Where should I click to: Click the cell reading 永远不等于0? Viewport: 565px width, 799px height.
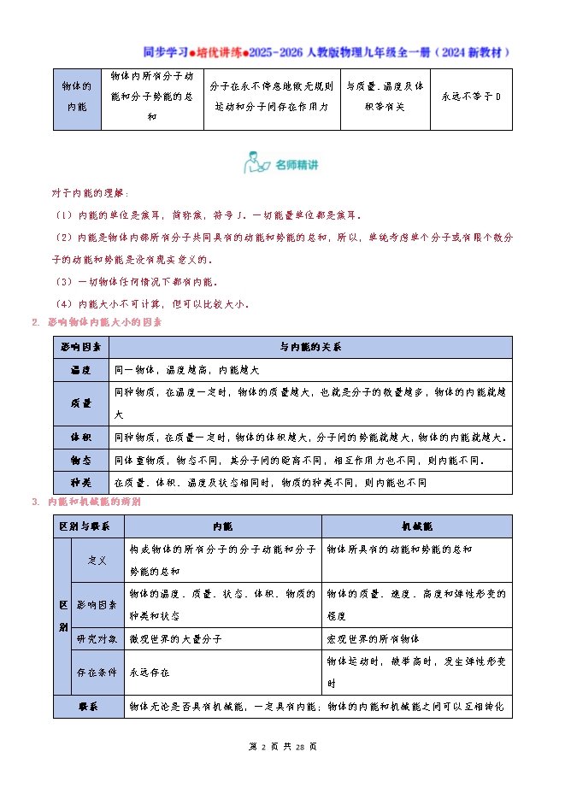point(471,97)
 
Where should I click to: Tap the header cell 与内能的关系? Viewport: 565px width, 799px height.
point(310,347)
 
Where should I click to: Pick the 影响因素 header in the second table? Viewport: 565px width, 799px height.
point(81,347)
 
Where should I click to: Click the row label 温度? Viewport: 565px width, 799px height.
point(81,370)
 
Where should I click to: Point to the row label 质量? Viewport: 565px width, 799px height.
point(81,403)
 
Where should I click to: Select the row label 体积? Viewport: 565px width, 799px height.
point(81,437)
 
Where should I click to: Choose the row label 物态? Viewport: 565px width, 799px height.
point(81,460)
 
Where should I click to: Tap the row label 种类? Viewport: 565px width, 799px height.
point(81,482)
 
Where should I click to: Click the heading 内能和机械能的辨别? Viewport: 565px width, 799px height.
point(94,502)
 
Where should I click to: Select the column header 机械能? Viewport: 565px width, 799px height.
point(416,526)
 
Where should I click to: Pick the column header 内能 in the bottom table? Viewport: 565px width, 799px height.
point(222,526)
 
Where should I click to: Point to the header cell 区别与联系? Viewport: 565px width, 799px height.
point(89,526)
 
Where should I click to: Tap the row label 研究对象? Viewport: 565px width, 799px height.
point(97,638)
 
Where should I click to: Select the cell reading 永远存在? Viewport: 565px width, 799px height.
point(150,673)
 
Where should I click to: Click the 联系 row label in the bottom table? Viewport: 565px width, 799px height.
point(89,707)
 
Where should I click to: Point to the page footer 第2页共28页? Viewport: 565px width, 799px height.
point(282,746)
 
